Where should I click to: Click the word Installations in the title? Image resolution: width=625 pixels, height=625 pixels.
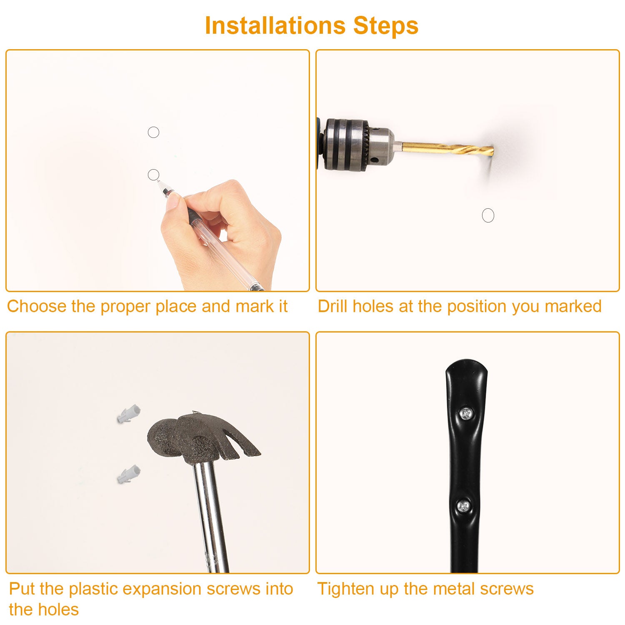(275, 25)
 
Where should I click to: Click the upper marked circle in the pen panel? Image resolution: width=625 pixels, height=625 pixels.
(153, 132)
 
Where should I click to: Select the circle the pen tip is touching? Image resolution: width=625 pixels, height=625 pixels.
(153, 175)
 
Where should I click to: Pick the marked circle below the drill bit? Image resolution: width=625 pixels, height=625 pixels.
(488, 215)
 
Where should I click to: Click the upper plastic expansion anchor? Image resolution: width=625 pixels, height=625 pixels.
(128, 414)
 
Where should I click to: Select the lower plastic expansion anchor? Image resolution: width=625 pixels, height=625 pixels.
(128, 475)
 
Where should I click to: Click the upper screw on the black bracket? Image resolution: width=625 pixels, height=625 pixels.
(466, 414)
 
